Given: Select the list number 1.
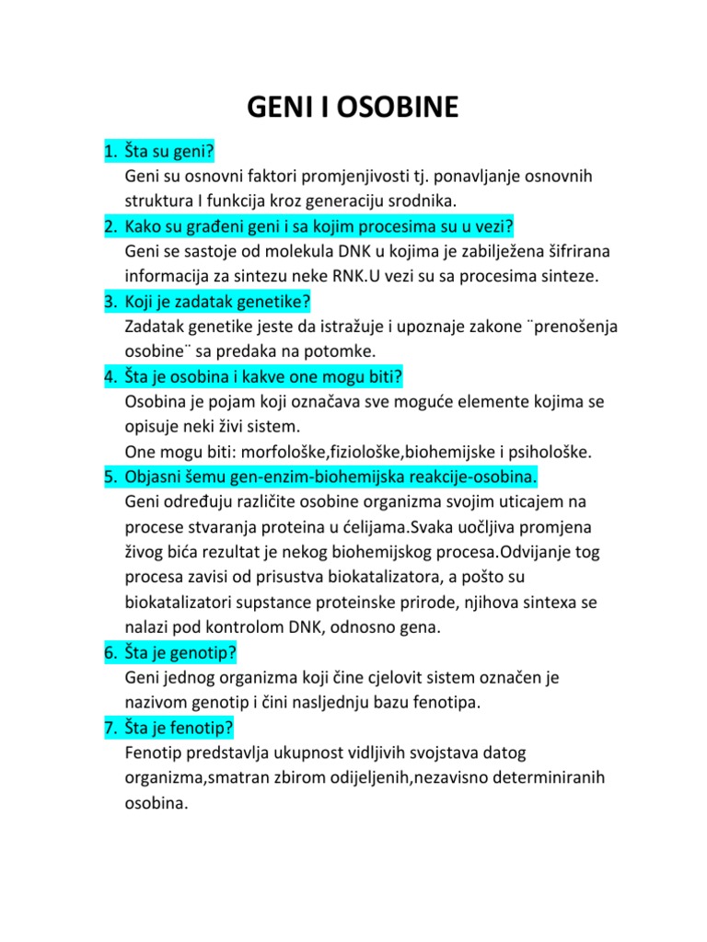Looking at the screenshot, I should pyautogui.click(x=108, y=150).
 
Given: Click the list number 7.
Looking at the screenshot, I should pyautogui.click(x=108, y=729).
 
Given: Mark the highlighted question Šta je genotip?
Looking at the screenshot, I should pyautogui.click(x=180, y=653).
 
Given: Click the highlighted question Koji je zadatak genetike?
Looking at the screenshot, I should pyautogui.click(x=217, y=301).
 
